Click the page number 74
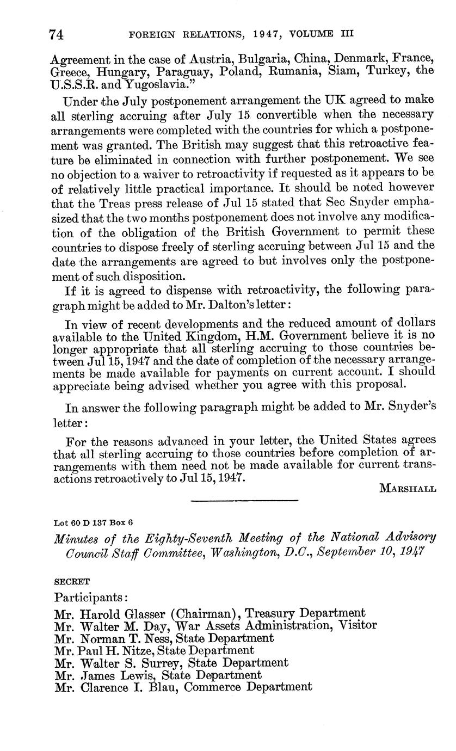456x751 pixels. click(x=57, y=34)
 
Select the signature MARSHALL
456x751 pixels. click(x=407, y=489)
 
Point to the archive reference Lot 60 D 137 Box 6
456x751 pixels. click(x=93, y=522)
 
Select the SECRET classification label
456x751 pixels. click(x=72, y=581)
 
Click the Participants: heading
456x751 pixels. click(x=90, y=597)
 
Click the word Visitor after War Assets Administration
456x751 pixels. click(x=356, y=625)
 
